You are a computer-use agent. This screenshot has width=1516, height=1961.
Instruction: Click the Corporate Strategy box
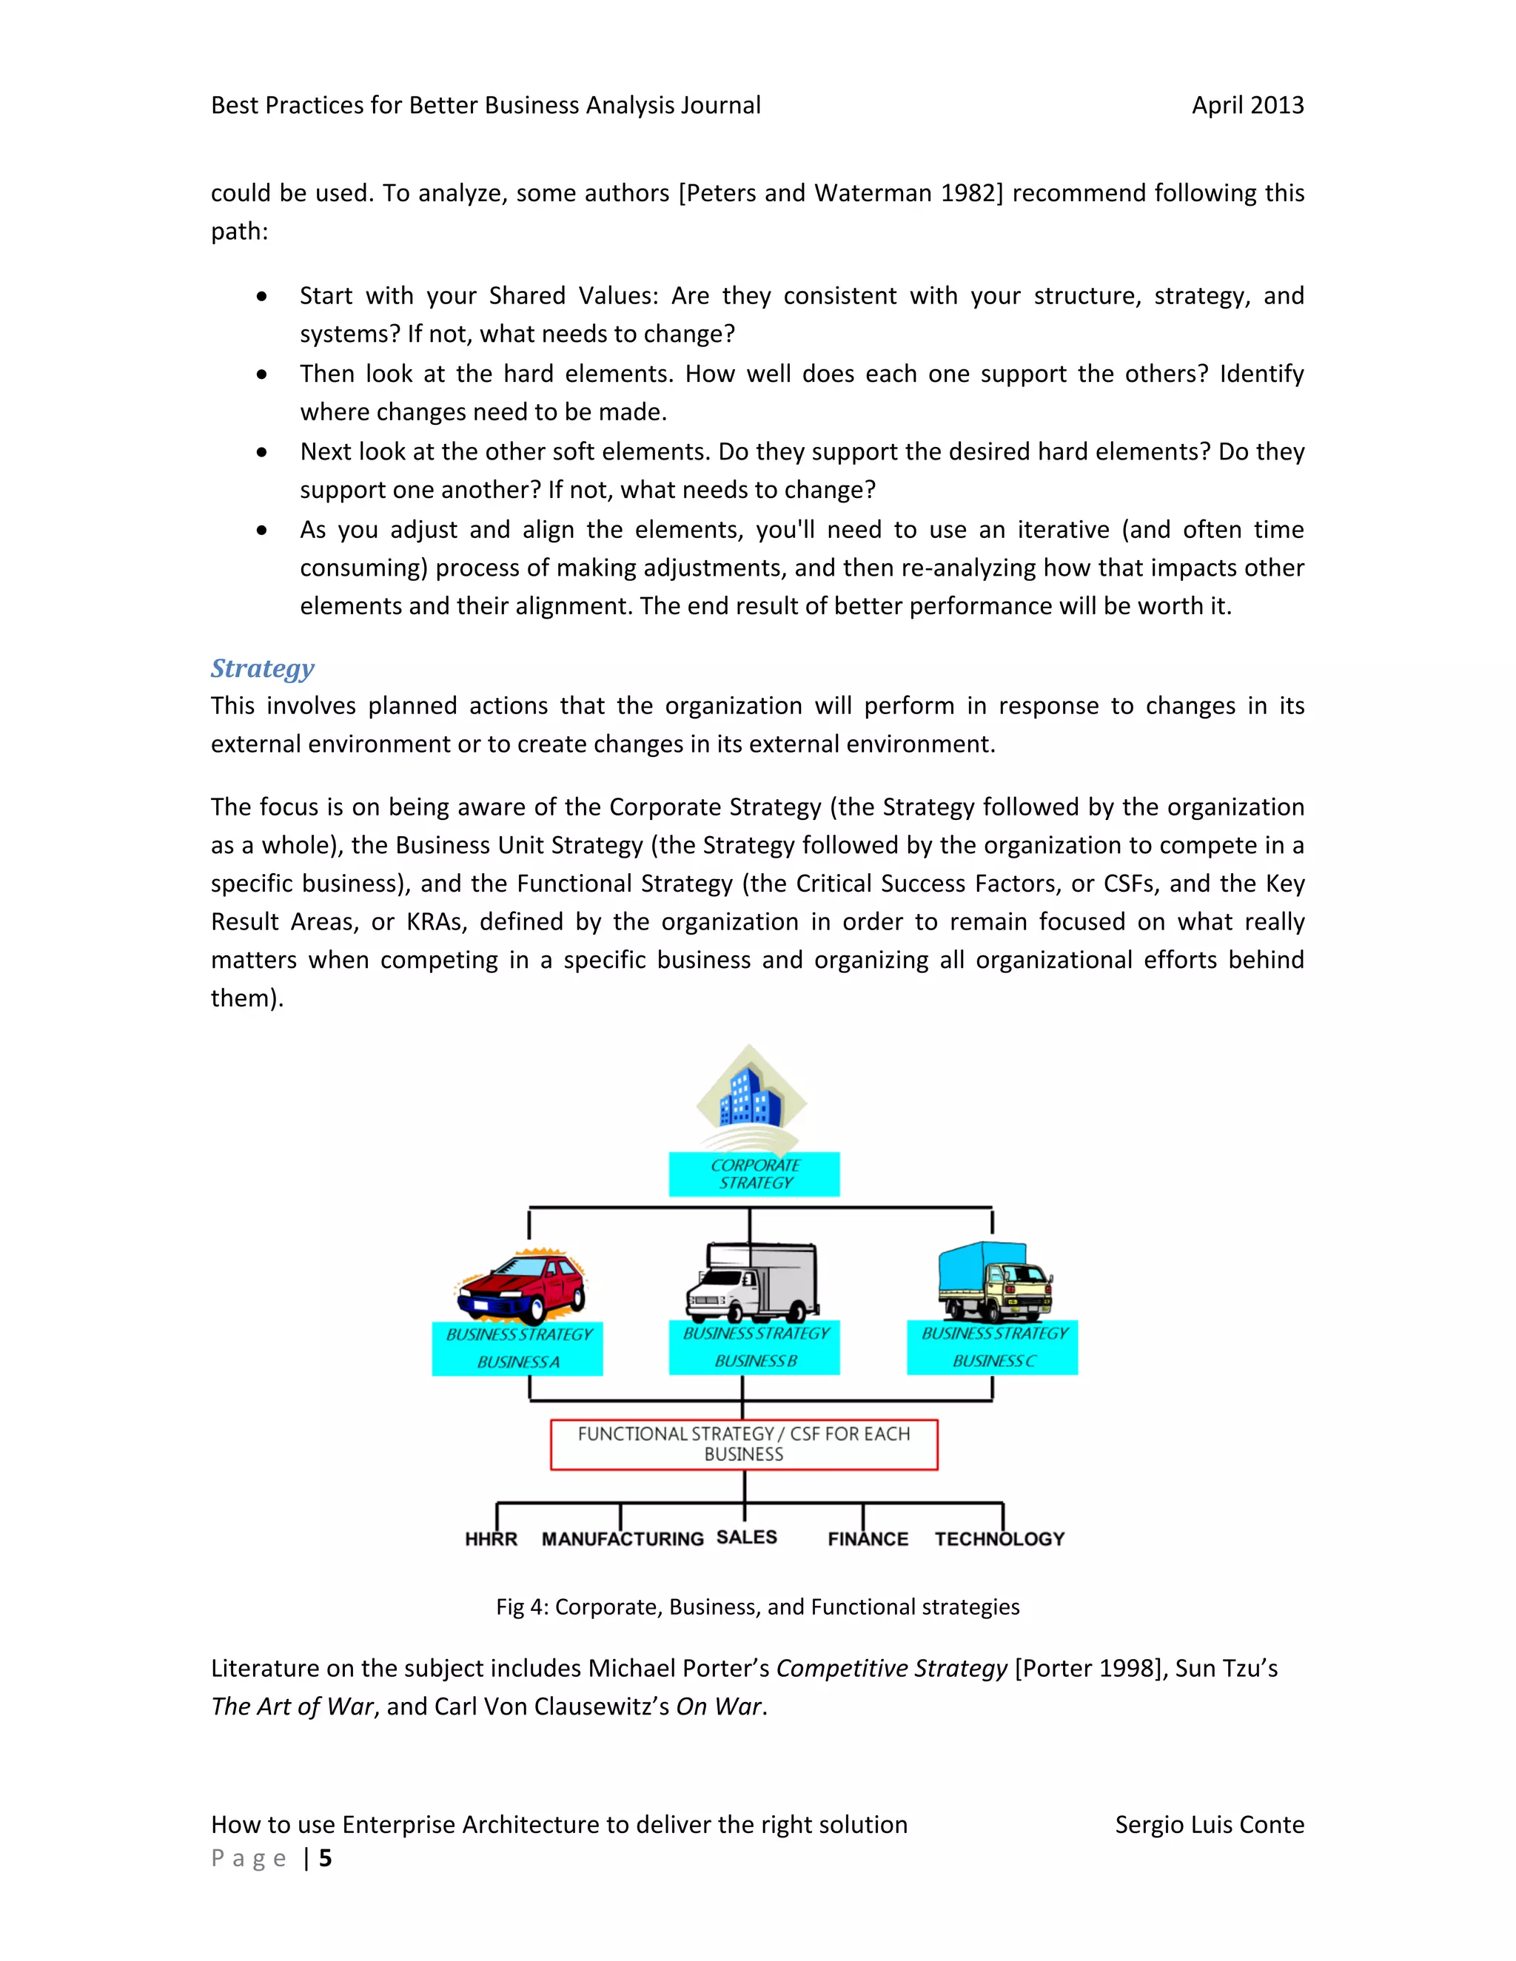pos(754,1174)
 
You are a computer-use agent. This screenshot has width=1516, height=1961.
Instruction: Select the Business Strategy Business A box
pos(517,1348)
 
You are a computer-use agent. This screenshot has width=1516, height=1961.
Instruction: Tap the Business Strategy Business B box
pos(754,1347)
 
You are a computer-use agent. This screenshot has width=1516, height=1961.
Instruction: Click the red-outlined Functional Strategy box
pos(744,1444)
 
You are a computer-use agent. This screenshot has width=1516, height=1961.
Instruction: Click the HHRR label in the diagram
pos(492,1539)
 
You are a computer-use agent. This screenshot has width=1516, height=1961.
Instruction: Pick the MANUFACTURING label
pos(623,1539)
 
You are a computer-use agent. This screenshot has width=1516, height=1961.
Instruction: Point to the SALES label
pos(746,1537)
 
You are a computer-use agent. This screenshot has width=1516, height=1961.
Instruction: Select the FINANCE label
pos(868,1539)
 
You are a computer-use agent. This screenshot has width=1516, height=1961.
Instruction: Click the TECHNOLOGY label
pos(999,1539)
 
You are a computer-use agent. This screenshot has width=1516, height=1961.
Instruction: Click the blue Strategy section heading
pos(262,668)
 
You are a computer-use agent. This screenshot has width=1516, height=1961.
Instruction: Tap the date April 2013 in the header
pos(1247,105)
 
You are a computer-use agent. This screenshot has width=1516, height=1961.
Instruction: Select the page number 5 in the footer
pos(325,1857)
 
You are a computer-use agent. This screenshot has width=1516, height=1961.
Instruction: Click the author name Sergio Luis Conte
pos(1209,1825)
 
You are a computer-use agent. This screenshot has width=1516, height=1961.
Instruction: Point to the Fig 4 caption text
pos(757,1607)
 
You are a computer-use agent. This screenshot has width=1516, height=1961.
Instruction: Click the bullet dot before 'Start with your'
pos(261,296)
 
